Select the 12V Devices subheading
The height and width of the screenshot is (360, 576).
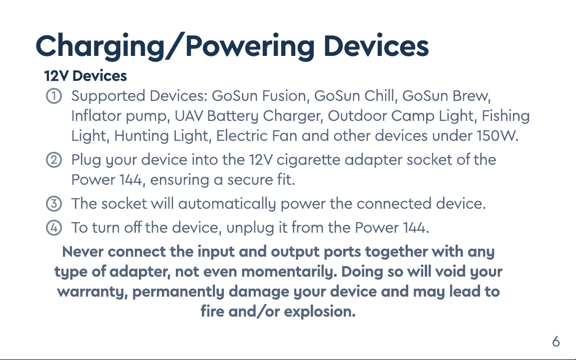click(85, 76)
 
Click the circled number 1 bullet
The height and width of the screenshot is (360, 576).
click(53, 96)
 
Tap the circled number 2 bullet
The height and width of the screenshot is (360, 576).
click(53, 160)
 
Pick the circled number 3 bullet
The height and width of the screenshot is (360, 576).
click(53, 204)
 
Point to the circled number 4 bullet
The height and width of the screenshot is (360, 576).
click(53, 228)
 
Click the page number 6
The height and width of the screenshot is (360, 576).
click(556, 342)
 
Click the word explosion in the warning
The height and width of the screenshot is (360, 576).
click(320, 312)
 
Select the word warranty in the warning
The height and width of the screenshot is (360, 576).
click(92, 292)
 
